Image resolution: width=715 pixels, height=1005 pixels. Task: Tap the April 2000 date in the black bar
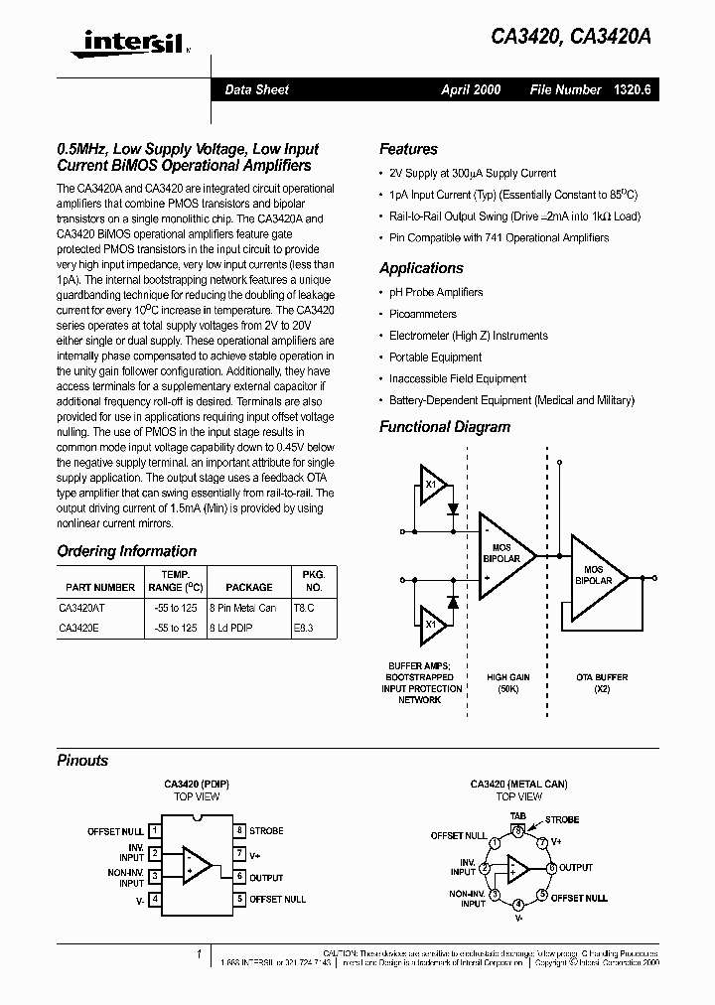coord(471,90)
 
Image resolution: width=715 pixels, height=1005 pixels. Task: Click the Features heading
coord(408,149)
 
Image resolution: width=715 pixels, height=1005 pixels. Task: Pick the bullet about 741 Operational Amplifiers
coord(499,237)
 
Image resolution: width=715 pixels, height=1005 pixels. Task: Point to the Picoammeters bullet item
coord(423,314)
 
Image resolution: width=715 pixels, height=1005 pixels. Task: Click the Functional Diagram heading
coord(445,427)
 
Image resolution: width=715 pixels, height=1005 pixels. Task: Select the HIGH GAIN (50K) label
coord(508,683)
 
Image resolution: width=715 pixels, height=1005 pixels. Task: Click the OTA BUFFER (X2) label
coord(602,683)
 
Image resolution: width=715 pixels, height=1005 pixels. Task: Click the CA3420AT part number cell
coord(83,607)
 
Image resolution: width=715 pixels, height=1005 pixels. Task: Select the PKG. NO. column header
coord(313,580)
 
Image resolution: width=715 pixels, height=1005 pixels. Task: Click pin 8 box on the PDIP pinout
coord(239,830)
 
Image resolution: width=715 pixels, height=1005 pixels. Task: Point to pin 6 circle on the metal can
coord(551,867)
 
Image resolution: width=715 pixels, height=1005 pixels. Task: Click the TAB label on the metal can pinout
coord(517,815)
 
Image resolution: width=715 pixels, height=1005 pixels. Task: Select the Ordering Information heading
coord(127,551)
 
